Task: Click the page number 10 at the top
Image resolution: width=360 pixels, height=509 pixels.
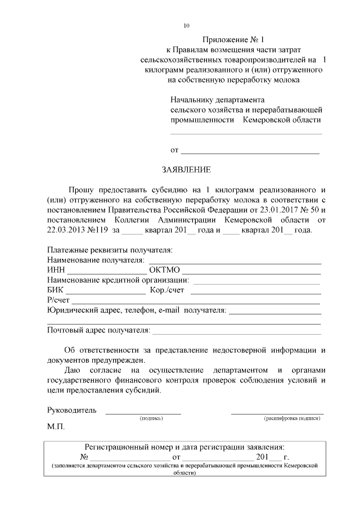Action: pos(187,26)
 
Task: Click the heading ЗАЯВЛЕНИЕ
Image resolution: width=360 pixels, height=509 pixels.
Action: pos(186,169)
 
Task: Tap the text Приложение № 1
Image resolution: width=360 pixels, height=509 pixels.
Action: pos(233,40)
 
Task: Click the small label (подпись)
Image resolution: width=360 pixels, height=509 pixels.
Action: pos(151,418)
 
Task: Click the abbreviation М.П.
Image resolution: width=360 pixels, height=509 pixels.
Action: pos(56,427)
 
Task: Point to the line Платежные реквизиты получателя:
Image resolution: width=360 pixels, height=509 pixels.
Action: pos(110,250)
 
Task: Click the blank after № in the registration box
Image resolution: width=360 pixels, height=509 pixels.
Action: pos(129,457)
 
